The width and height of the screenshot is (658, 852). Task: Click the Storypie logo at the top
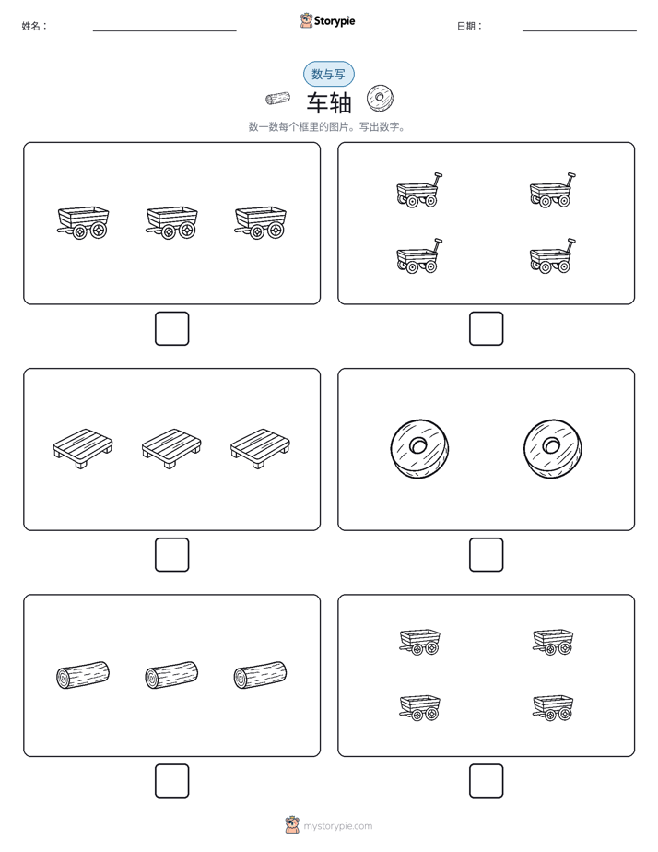(x=327, y=21)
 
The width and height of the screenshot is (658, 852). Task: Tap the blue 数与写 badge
(x=328, y=74)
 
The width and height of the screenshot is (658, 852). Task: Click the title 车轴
(x=329, y=102)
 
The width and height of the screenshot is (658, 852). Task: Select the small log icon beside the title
(x=277, y=99)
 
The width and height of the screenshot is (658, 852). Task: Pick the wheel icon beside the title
(x=380, y=99)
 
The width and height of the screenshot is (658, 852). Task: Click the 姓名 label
(x=34, y=26)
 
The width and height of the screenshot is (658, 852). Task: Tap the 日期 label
(x=470, y=26)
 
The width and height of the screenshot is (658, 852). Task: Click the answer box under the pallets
(x=172, y=555)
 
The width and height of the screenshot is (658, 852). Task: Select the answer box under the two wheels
(x=486, y=555)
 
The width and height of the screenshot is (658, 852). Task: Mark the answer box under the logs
(x=172, y=781)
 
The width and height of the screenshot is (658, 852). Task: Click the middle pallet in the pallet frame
(x=171, y=449)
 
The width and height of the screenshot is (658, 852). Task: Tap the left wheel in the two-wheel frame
(x=419, y=449)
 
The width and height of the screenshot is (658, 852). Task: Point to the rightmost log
(x=260, y=675)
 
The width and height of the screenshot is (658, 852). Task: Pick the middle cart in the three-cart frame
(x=171, y=222)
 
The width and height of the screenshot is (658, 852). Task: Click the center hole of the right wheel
(x=551, y=445)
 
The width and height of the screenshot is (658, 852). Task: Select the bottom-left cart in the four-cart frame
(x=419, y=707)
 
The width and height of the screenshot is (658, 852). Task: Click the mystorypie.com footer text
(x=337, y=826)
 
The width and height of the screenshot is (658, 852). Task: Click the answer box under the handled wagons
(x=486, y=329)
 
